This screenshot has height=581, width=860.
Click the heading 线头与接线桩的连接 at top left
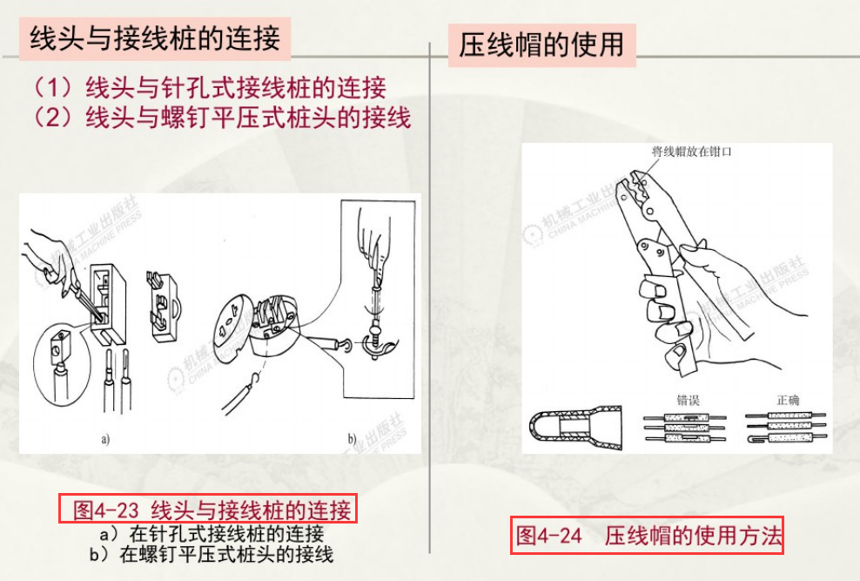[154, 39]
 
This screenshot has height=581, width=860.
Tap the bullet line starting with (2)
[221, 117]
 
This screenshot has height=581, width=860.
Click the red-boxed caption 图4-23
[208, 510]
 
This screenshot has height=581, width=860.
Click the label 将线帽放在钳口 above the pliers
[691, 152]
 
